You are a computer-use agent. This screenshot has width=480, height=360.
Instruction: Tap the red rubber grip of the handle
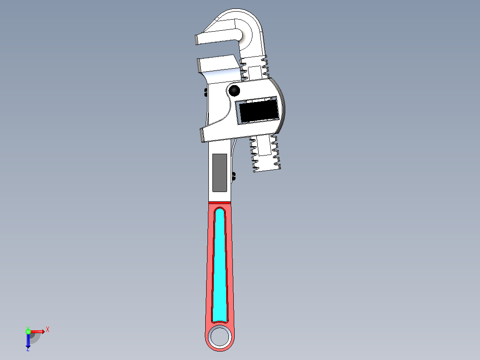coord(209,267)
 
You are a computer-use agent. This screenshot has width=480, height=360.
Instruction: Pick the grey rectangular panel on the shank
coord(219,172)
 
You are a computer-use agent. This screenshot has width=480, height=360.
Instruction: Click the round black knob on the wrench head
coord(234,91)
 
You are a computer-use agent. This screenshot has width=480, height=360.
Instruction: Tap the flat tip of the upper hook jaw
coord(196,40)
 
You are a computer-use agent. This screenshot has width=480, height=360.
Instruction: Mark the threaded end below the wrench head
coord(265,154)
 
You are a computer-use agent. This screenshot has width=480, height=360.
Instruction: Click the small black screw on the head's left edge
coord(205,92)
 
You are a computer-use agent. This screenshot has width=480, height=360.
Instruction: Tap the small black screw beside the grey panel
coord(234,176)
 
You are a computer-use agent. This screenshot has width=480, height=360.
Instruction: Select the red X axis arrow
coord(38,331)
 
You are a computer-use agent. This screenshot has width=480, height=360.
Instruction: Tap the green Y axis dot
coord(28,331)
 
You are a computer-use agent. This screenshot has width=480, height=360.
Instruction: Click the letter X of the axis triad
coord(48,330)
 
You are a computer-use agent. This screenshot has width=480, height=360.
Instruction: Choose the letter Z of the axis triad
coord(28,350)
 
